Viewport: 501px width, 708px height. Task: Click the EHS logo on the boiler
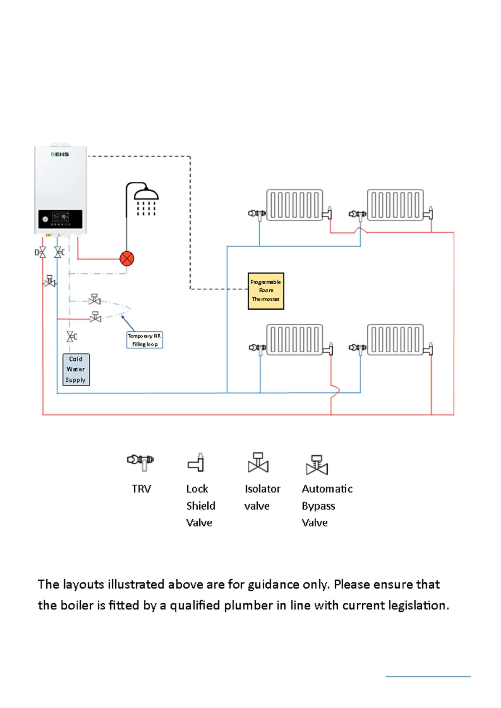[x=60, y=154]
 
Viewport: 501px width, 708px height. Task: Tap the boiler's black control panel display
[x=60, y=219]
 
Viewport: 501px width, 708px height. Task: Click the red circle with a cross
[x=127, y=259]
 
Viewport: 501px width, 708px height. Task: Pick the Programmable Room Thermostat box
[x=266, y=291]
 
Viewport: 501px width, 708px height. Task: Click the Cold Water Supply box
[x=76, y=370]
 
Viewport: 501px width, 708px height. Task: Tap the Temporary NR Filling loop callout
[x=144, y=340]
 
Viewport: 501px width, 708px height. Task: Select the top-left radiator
[x=294, y=205]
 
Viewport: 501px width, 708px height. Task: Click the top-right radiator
[x=395, y=205]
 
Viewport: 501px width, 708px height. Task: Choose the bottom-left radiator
[x=294, y=340]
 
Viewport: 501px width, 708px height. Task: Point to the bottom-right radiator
[x=395, y=340]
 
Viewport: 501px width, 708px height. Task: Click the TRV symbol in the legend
[x=140, y=461]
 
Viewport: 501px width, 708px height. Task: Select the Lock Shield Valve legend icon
[x=196, y=462]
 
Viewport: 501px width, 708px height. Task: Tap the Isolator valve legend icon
[x=258, y=462]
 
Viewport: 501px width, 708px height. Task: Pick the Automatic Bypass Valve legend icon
[x=317, y=465]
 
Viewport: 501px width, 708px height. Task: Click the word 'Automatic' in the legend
[x=327, y=489]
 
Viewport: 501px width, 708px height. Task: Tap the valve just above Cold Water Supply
[x=71, y=336]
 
